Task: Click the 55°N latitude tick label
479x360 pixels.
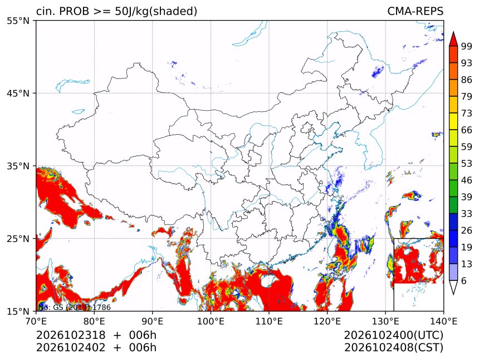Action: [x=18, y=21]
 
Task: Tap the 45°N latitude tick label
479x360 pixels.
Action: [x=18, y=93]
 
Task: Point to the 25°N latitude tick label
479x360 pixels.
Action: [x=18, y=239]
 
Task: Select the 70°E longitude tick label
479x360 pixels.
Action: [x=36, y=321]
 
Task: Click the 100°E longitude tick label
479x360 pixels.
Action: [x=211, y=321]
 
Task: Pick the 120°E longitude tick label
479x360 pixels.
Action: [x=327, y=321]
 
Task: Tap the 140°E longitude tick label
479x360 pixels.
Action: [x=443, y=321]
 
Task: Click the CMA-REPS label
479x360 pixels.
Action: [x=415, y=11]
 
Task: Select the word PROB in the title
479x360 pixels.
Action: [x=74, y=11]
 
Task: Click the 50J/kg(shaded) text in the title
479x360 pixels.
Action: [x=156, y=12]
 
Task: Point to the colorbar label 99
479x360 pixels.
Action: [x=467, y=46]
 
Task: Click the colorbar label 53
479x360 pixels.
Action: [x=467, y=164]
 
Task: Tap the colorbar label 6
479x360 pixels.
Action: [x=464, y=280]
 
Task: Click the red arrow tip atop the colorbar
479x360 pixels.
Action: [x=453, y=32]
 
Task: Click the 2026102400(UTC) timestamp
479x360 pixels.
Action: [x=393, y=336]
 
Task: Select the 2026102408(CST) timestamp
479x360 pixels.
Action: [x=393, y=348]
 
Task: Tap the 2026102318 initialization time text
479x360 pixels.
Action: [x=71, y=335]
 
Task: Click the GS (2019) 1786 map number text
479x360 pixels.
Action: [x=82, y=307]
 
